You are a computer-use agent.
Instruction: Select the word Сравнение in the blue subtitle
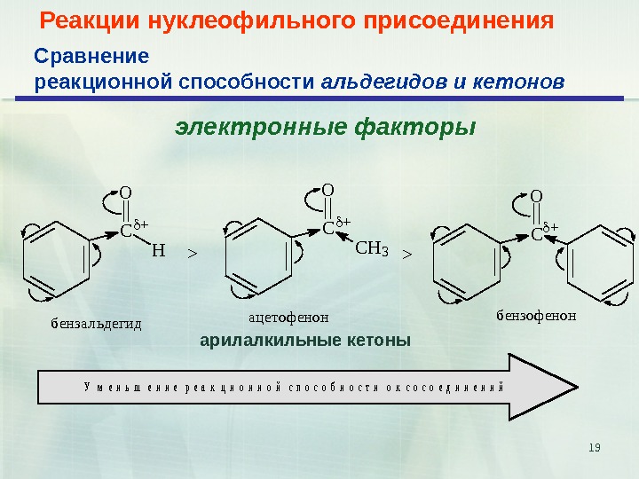point(91,57)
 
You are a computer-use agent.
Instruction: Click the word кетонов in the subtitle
point(522,82)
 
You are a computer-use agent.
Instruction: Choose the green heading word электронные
point(263,128)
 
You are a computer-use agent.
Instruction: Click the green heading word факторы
point(415,128)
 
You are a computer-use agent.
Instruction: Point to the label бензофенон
point(536,314)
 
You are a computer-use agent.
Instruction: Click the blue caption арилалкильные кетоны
point(305,340)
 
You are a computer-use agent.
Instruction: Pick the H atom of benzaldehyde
point(158,251)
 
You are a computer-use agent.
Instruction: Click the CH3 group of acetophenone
point(371,247)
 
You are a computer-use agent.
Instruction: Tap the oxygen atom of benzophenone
point(536,197)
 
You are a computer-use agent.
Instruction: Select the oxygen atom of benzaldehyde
point(125,192)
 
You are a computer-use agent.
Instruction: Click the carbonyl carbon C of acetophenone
point(327,228)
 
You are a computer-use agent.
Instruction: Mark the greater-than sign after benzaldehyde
point(191,254)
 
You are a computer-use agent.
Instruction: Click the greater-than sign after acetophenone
point(407,254)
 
